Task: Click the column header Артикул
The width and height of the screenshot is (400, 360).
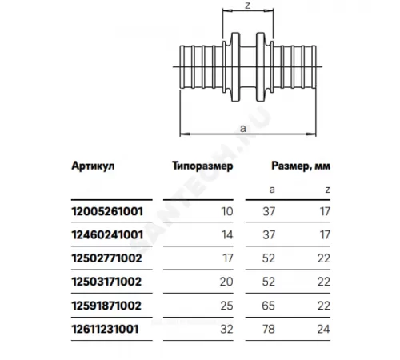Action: point(89,166)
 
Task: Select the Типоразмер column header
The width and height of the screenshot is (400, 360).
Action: point(202,166)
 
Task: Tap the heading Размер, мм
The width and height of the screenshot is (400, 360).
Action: point(297,166)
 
